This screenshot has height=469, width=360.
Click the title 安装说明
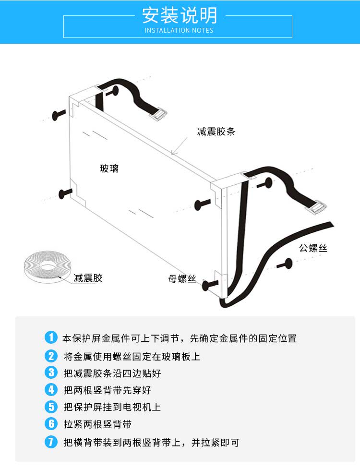(x=180, y=15)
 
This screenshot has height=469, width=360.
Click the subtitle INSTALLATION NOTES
(x=179, y=30)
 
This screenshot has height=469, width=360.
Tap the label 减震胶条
(x=216, y=132)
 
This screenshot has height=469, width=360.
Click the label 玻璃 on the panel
(x=109, y=168)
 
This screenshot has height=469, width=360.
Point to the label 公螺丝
(x=313, y=248)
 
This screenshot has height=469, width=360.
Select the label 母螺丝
(x=182, y=279)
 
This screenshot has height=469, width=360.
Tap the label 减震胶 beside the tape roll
(x=88, y=278)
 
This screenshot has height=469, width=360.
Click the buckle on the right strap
(x=317, y=206)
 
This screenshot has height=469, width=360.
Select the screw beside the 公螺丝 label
(x=285, y=264)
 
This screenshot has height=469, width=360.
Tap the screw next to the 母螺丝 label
(x=210, y=285)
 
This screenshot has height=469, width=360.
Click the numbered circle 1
(x=51, y=337)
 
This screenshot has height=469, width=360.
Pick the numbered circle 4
(x=51, y=389)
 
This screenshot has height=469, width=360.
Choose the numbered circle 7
(x=51, y=442)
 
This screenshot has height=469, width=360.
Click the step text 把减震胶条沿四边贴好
(x=112, y=373)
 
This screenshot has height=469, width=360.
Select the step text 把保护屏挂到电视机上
(x=112, y=407)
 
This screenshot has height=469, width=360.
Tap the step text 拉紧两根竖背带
(x=97, y=424)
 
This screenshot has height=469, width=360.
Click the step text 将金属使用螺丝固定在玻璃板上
(x=132, y=356)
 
